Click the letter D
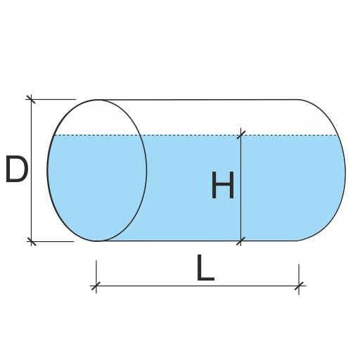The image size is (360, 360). click(17, 169)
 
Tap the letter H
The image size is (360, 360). click(223, 185)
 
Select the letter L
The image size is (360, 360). click(205, 267)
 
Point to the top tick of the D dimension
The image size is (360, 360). click(31, 99)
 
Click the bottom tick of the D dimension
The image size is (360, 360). click(32, 241)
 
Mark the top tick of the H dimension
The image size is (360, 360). click(241, 135)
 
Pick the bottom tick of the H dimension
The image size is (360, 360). click(240, 241)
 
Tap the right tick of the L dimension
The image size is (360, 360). click(299, 285)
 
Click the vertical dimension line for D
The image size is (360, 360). click(31, 170)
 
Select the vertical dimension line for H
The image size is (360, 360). click(240, 187)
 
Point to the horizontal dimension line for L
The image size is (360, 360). click(198, 285)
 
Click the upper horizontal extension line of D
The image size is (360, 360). click(51, 99)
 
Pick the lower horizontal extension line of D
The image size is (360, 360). click(51, 241)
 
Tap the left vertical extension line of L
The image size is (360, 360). click(96, 277)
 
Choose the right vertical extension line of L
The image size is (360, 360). click(299, 279)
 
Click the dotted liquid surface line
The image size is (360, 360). click(195, 135)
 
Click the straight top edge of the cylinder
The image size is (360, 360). click(198, 100)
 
